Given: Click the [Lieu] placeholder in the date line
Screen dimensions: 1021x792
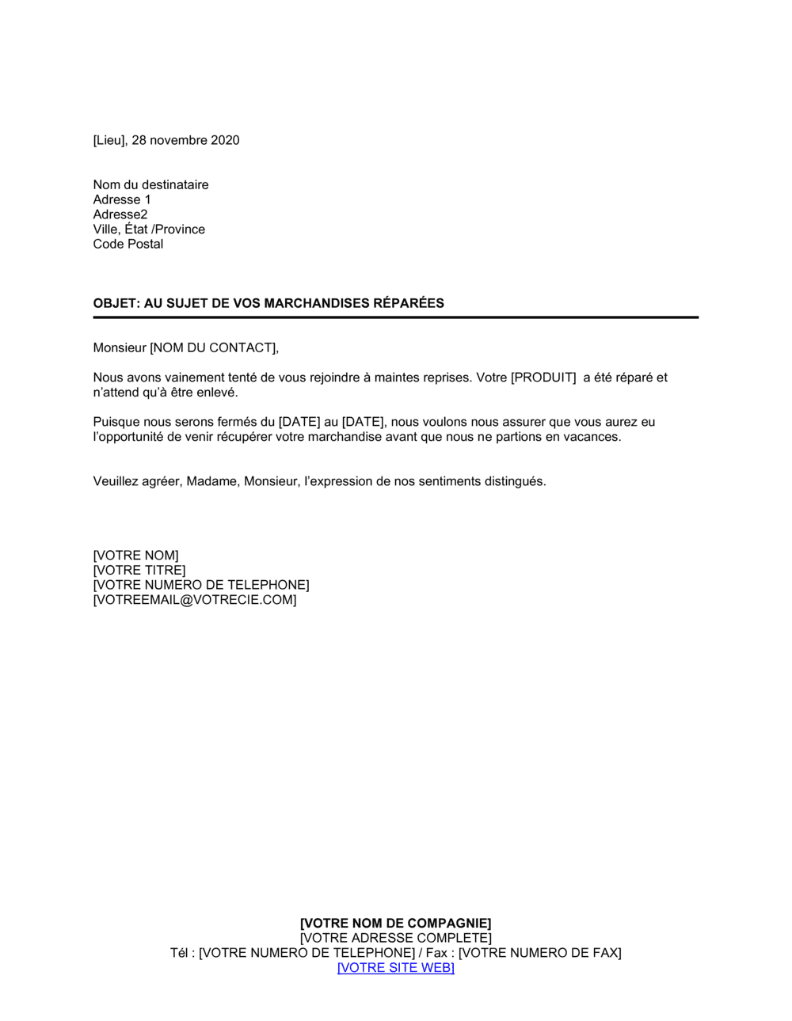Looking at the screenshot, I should tap(109, 141).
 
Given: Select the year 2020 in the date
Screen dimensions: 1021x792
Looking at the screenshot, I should tap(225, 141).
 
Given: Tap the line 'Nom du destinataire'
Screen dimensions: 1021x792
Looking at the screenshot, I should tap(150, 185).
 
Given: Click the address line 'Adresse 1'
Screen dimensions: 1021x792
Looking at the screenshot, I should tap(122, 200).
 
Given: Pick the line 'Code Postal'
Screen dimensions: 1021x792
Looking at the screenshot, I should tap(128, 245).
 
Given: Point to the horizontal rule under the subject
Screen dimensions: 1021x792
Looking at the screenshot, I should tap(396, 317).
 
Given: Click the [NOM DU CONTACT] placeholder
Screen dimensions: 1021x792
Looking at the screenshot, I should tap(213, 348).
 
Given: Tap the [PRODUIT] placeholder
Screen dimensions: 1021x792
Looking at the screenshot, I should tap(543, 378).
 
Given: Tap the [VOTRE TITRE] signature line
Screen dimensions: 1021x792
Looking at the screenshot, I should tap(139, 571).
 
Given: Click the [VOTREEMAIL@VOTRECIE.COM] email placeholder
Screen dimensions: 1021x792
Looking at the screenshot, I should tap(195, 601).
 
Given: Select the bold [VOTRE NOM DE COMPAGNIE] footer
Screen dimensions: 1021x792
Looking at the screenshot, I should tap(396, 924).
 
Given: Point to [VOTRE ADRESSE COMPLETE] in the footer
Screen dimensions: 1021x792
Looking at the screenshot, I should tap(396, 939).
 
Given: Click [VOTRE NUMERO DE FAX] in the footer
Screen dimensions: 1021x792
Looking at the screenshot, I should tap(540, 954).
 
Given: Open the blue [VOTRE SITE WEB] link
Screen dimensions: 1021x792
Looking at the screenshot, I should tap(396, 968).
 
